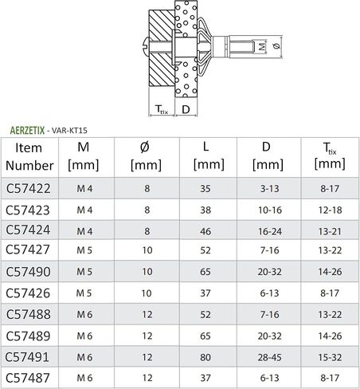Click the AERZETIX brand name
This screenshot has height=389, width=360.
[x=27, y=131]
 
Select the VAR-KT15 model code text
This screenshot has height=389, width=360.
[x=69, y=131]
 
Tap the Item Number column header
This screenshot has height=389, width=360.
[x=29, y=156]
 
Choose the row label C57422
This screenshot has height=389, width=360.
[x=28, y=188]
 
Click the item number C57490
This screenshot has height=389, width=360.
[x=28, y=272]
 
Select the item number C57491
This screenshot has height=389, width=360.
[x=27, y=357]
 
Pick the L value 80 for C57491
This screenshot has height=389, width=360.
[x=205, y=357]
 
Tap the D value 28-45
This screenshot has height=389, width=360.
[x=269, y=357]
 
